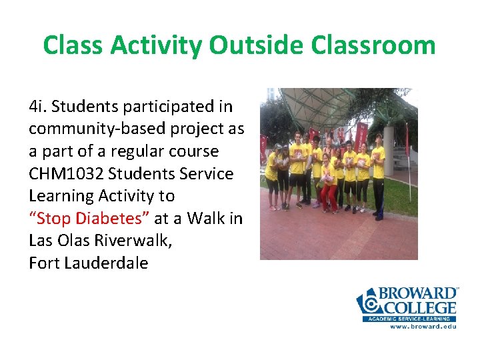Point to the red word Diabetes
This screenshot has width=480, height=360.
115,218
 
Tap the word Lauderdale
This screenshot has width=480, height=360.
106,263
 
